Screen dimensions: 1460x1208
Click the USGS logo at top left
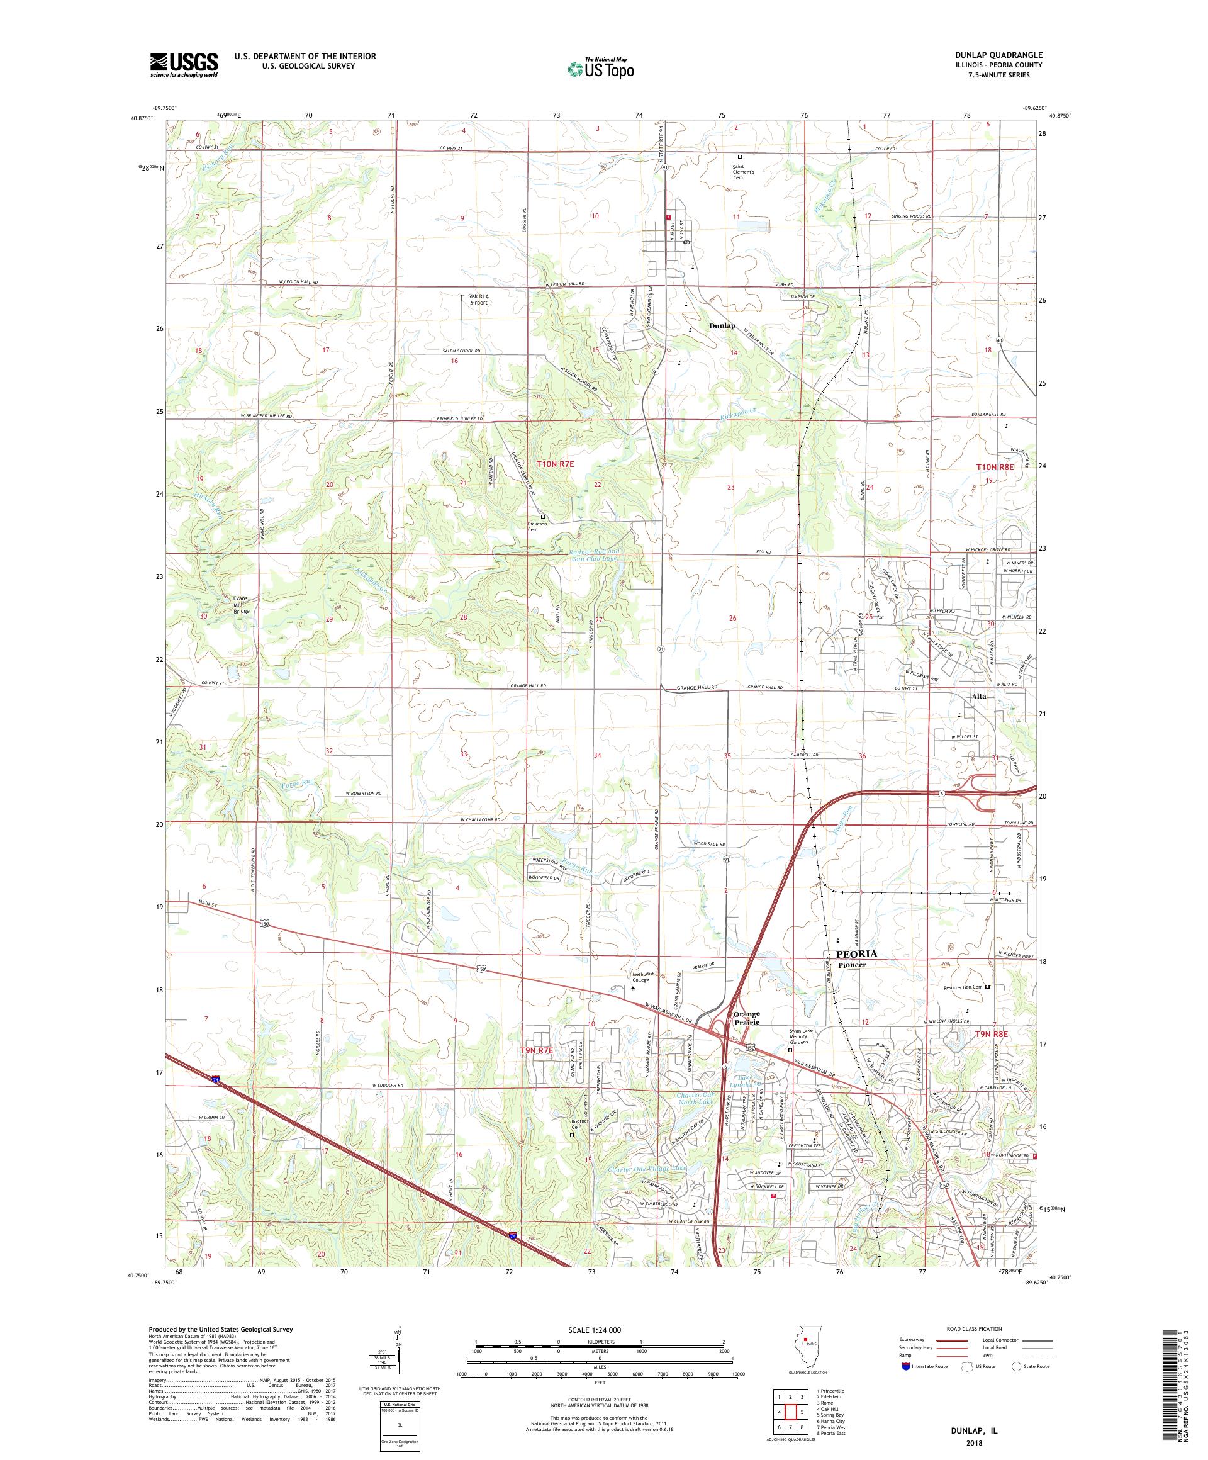pyautogui.click(x=184, y=65)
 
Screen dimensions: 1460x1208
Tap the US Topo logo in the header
pyautogui.click(x=601, y=68)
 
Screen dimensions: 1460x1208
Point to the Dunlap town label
pyautogui.click(x=722, y=325)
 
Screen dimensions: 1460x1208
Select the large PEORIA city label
pyautogui.click(x=857, y=955)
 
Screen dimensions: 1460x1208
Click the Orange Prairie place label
pyautogui.click(x=744, y=1018)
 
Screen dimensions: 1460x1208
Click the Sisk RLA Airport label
pyautogui.click(x=478, y=300)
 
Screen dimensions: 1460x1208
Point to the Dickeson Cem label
pyautogui.click(x=537, y=526)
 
